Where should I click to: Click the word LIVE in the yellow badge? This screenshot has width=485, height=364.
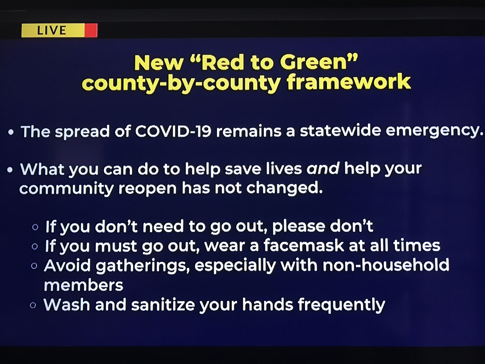tap(51, 30)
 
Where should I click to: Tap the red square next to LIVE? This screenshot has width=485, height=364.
tap(91, 30)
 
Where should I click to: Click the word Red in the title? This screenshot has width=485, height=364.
tap(222, 63)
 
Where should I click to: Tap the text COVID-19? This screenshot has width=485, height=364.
tap(173, 131)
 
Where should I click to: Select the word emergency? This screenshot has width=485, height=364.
tap(434, 131)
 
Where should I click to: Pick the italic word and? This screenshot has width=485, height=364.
tap(323, 169)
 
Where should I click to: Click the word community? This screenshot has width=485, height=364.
tap(67, 189)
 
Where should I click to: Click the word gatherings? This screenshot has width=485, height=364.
tap(143, 266)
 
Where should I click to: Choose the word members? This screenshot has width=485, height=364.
tap(84, 285)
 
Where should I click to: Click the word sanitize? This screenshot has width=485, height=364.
tap(163, 304)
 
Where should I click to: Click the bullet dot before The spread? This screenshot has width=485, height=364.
tap(11, 132)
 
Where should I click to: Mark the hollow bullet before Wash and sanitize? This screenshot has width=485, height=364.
tap(33, 305)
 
